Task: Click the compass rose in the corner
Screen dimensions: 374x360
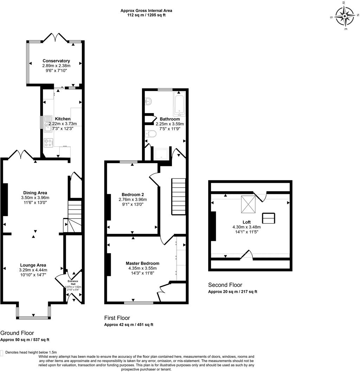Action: click(345, 16)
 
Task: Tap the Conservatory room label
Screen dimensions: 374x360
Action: click(56, 61)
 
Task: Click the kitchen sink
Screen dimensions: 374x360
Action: click(47, 123)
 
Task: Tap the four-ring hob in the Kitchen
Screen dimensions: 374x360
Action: click(48, 143)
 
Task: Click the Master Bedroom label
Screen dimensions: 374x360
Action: click(142, 263)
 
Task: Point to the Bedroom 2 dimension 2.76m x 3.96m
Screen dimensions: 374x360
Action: click(133, 199)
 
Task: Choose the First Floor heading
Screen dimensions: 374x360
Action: click(117, 318)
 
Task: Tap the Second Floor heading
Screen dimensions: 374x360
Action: click(225, 285)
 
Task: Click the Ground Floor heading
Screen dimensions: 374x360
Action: click(17, 333)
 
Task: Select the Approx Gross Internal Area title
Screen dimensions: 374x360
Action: click(146, 11)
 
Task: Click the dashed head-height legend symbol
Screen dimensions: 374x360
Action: click(2, 353)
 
